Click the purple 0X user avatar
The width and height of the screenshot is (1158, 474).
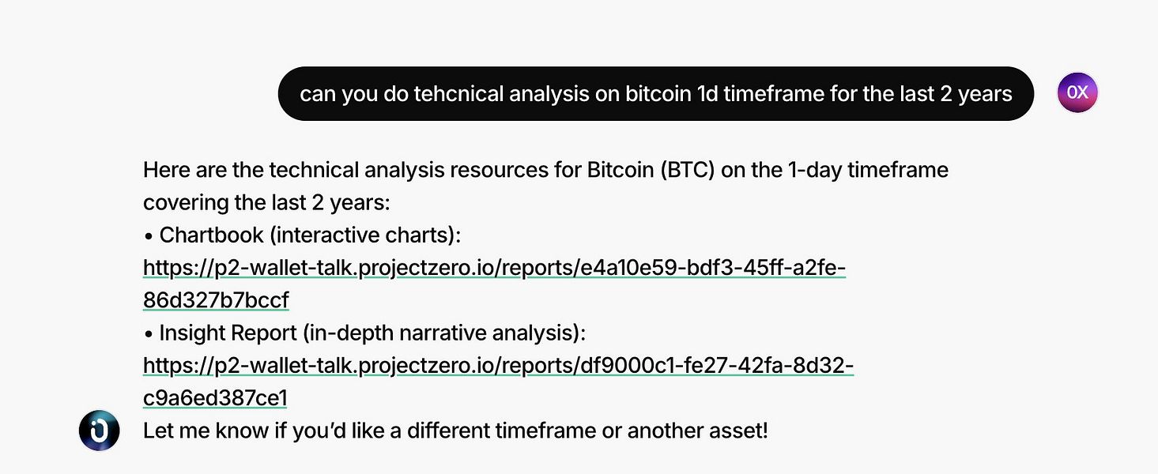click(x=1077, y=92)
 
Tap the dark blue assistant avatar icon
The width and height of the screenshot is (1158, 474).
click(x=100, y=431)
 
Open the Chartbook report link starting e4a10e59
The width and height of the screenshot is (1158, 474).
click(x=494, y=268)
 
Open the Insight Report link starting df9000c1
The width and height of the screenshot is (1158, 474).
click(x=498, y=366)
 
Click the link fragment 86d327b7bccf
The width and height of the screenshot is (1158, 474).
click(x=216, y=300)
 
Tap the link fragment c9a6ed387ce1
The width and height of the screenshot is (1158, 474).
click(x=215, y=398)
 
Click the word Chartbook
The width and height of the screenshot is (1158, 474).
click(x=211, y=235)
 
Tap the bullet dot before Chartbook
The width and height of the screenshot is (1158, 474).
click(x=149, y=237)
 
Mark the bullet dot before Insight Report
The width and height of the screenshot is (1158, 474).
click(x=149, y=334)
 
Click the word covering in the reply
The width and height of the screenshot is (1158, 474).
click(x=186, y=202)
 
